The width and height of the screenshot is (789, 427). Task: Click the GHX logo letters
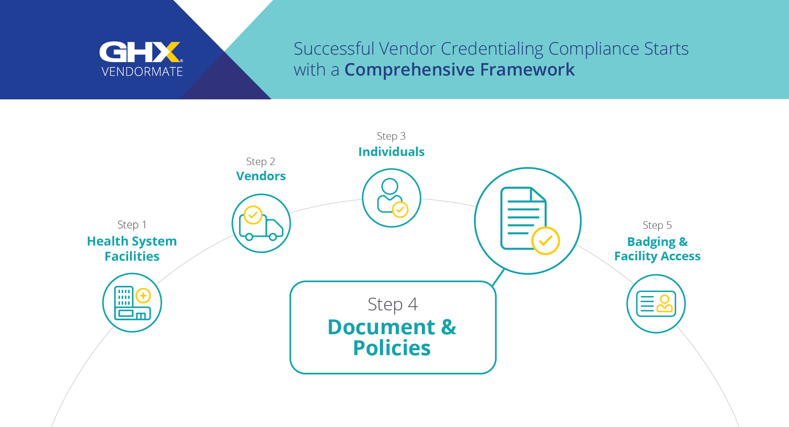point(140,52)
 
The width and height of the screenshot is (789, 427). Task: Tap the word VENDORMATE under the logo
point(142,72)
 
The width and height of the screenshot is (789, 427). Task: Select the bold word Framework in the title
point(527,69)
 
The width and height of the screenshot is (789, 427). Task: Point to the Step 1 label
point(132,225)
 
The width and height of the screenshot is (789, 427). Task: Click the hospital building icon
point(132,303)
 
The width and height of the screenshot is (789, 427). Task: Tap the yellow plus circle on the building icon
point(143,296)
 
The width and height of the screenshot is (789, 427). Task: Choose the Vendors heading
point(261,176)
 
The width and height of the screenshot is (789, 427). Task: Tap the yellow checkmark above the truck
point(253,215)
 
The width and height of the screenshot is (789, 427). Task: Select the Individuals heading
point(391,152)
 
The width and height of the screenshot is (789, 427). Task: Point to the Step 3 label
point(391,136)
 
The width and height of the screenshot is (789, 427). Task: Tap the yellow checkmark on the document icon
point(545,241)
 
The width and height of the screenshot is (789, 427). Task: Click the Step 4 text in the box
point(393,305)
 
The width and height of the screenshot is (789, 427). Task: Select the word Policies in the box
point(392,348)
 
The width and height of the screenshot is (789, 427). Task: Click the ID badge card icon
point(656,304)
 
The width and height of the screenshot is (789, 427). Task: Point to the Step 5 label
point(657,225)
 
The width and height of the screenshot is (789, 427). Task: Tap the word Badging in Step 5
point(651,242)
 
